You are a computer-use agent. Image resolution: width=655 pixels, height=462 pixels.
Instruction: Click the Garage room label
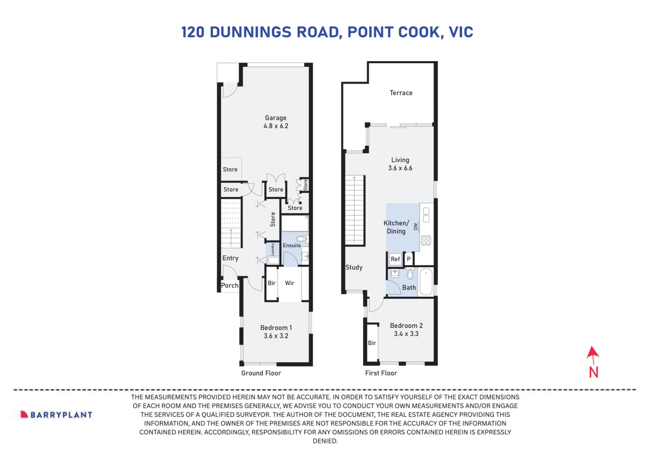click(x=276, y=118)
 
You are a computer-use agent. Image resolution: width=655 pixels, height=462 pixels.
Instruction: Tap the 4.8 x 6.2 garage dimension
click(x=276, y=126)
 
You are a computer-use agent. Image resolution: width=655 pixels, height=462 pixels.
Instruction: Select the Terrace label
click(x=401, y=93)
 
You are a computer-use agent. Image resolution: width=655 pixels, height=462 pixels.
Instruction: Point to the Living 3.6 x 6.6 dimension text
click(x=400, y=168)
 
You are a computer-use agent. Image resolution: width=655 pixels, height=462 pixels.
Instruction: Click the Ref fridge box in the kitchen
click(x=395, y=259)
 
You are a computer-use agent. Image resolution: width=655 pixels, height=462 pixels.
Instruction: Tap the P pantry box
click(x=409, y=259)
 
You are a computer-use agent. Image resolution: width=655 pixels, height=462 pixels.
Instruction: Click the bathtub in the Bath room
click(x=426, y=282)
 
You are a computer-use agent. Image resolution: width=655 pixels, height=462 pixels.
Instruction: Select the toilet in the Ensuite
click(x=302, y=239)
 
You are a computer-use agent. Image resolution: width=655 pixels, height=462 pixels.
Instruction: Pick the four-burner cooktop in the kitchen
click(x=426, y=240)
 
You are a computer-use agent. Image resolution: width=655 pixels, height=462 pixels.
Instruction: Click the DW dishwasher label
click(x=416, y=226)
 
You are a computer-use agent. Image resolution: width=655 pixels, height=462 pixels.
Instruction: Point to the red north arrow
click(x=593, y=355)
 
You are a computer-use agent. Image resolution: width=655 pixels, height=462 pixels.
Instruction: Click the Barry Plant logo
click(x=56, y=415)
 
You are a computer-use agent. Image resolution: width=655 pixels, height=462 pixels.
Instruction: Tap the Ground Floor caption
click(x=261, y=373)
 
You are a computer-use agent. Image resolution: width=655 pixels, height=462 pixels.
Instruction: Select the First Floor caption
click(x=381, y=373)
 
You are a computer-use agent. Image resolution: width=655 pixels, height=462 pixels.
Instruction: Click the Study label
click(x=354, y=267)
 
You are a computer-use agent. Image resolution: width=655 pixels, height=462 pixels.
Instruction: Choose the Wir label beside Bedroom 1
click(x=290, y=283)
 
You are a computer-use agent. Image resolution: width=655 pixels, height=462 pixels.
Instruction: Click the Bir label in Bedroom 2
click(x=372, y=343)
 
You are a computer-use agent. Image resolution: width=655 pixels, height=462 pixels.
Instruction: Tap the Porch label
click(x=230, y=285)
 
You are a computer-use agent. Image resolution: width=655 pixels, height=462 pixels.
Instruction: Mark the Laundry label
click(x=272, y=249)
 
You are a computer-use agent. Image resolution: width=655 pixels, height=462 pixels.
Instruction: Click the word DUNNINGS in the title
click(x=251, y=32)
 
